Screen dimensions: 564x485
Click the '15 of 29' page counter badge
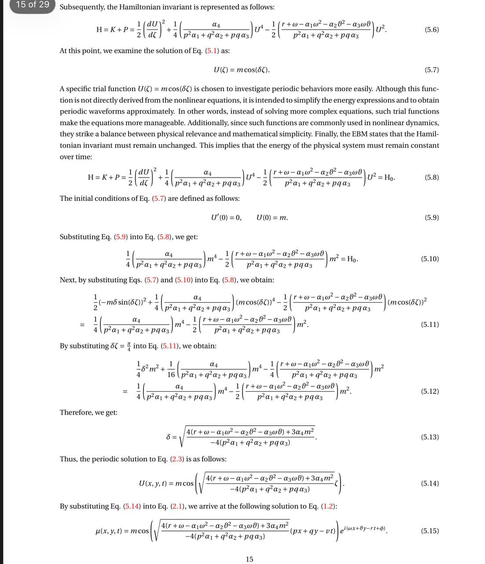coord(32,5)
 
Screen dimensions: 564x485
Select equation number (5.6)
coord(431,30)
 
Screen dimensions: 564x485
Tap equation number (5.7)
coord(431,70)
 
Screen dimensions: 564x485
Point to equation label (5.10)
coord(430,259)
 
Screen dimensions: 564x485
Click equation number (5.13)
coord(430,437)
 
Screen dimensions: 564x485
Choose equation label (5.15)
coord(430,531)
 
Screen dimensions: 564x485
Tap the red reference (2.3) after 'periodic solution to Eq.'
coord(177,459)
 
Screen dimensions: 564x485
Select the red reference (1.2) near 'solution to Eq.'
coord(328,506)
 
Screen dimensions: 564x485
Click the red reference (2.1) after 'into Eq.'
coord(177,506)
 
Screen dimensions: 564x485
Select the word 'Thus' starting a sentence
coord(68,459)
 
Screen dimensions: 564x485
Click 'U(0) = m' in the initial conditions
coord(272,218)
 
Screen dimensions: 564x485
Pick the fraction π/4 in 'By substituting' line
coord(129,346)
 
